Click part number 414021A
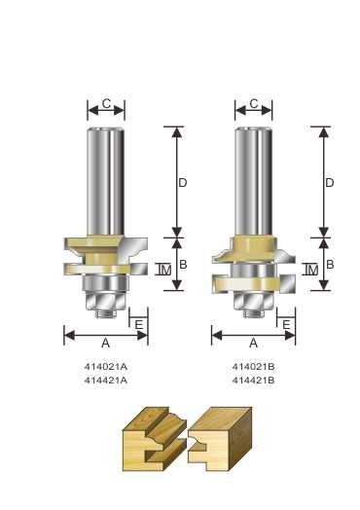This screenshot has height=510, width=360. pos(106,367)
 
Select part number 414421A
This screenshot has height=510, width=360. pos(106,381)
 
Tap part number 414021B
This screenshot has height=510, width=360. pos(253,367)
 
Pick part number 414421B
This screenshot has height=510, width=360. pos(253,381)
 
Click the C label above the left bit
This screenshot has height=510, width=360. pos(106,104)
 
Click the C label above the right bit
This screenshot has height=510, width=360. pos(254,104)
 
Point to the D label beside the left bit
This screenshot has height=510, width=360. pos(183,183)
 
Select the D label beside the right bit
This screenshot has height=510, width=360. pos(330,183)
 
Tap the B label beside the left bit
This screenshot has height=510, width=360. pos(183,264)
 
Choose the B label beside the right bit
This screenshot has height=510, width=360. pos(330,264)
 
